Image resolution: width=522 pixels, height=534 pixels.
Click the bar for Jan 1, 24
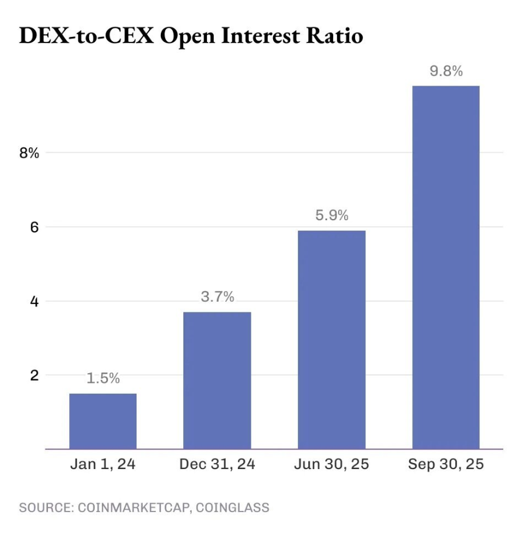click(x=103, y=421)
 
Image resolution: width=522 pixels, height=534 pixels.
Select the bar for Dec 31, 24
click(x=217, y=380)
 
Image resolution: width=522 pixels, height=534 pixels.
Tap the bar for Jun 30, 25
click(x=331, y=340)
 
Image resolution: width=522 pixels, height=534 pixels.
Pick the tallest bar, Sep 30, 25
click(x=446, y=267)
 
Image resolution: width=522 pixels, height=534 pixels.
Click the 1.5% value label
click(x=103, y=379)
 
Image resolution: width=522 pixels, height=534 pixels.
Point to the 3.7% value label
click(x=217, y=297)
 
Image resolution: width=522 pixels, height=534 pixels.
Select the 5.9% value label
click(x=331, y=215)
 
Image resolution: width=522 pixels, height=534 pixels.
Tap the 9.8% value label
click(x=446, y=71)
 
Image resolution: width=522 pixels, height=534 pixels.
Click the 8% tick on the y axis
click(x=29, y=153)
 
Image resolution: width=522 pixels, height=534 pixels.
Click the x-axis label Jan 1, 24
click(x=103, y=465)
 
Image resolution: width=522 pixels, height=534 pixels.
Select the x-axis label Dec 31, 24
click(x=217, y=465)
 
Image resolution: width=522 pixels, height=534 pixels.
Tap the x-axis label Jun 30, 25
click(x=331, y=465)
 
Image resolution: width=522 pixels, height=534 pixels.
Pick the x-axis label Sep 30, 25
click(x=446, y=465)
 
